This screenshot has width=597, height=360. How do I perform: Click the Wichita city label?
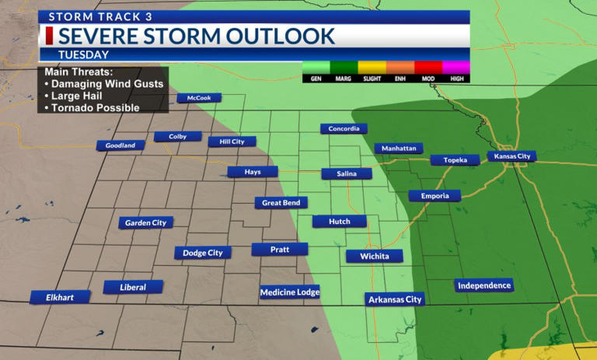pyautogui.click(x=375, y=256)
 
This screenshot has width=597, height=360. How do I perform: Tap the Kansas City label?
pyautogui.click(x=512, y=156)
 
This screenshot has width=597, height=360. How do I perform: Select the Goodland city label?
pyautogui.click(x=120, y=145)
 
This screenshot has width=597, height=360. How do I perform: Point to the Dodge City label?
pyautogui.click(x=202, y=253)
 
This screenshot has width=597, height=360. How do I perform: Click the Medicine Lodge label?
pyautogui.click(x=289, y=292)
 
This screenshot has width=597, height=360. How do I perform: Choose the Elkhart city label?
pyautogui.click(x=60, y=297)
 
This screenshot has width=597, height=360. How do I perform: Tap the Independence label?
pyautogui.click(x=484, y=285)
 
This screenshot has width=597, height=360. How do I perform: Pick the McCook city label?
pyautogui.click(x=199, y=98)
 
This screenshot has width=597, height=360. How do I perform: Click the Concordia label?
pyautogui.click(x=344, y=128)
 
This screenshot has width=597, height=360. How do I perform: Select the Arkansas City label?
pyautogui.click(x=395, y=299)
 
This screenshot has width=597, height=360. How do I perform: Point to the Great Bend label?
pyautogui.click(x=281, y=202)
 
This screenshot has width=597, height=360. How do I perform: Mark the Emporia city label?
pyautogui.click(x=435, y=196)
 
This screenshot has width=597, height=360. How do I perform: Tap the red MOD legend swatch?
pyautogui.click(x=428, y=68)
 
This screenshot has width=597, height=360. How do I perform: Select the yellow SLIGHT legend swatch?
pyautogui.click(x=372, y=68)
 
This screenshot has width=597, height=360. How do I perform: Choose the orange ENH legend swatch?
pyautogui.click(x=400, y=68)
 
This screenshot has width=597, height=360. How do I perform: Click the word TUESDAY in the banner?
pyautogui.click(x=83, y=54)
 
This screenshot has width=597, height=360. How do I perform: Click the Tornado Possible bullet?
pyautogui.click(x=96, y=107)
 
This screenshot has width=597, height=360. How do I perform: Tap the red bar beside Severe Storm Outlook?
pyautogui.click(x=48, y=36)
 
